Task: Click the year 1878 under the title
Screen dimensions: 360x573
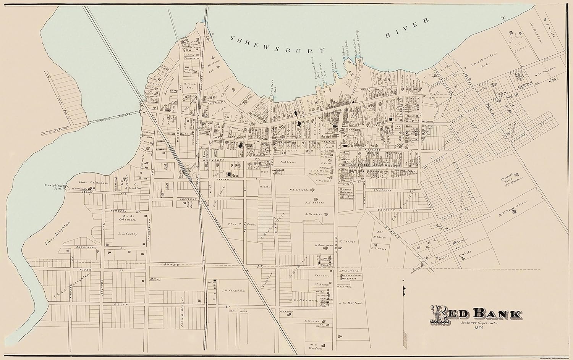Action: click(478, 328)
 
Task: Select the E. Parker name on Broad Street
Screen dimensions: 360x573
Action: click(347, 242)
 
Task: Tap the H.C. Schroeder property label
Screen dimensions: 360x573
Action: click(301, 190)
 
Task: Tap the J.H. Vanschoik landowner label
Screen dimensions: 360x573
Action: click(233, 290)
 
